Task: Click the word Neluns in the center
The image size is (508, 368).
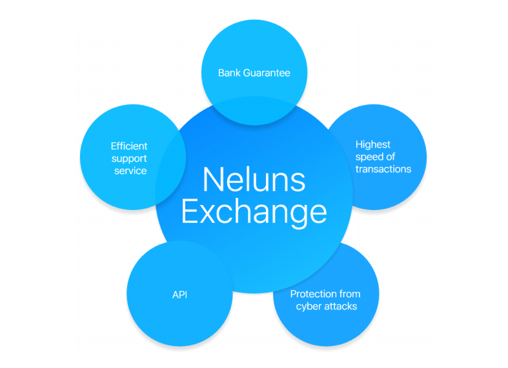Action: (254, 180)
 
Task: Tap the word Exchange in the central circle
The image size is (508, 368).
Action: (254, 212)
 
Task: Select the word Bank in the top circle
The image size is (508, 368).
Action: (229, 73)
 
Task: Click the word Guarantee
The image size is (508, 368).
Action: (267, 73)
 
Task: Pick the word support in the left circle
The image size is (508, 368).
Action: (128, 159)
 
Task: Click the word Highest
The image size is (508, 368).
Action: (373, 144)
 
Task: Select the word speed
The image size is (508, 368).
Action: (370, 157)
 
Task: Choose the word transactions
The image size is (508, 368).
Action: (383, 169)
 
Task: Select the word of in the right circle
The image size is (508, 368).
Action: (391, 157)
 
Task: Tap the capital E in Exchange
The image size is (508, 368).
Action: (188, 212)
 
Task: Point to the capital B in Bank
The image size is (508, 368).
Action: (221, 73)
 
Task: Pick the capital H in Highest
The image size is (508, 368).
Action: (359, 144)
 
